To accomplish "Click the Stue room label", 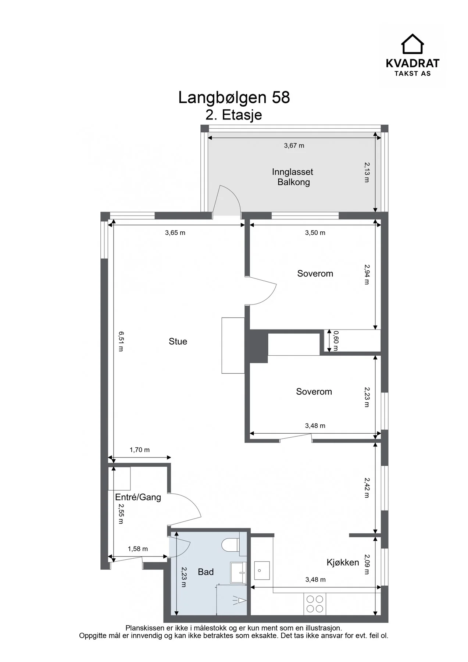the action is tap(178, 342).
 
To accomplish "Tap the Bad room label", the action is tap(206, 572).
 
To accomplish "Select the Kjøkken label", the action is tap(343, 563).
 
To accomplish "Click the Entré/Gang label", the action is tap(138, 498).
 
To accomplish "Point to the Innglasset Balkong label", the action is tap(293, 177).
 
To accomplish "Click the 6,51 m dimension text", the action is tap(121, 341).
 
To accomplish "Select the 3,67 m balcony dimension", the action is tap(294, 146).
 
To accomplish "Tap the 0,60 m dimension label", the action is tap(335, 341).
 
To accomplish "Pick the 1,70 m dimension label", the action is tap(140, 450).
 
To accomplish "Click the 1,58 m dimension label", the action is tap(138, 549).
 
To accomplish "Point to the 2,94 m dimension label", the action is tap(367, 274).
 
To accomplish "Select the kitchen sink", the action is tap(262, 571).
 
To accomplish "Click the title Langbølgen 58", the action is tap(234, 98).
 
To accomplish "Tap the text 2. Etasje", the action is tap(234, 115).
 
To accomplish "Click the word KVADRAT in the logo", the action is tap(412, 64).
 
